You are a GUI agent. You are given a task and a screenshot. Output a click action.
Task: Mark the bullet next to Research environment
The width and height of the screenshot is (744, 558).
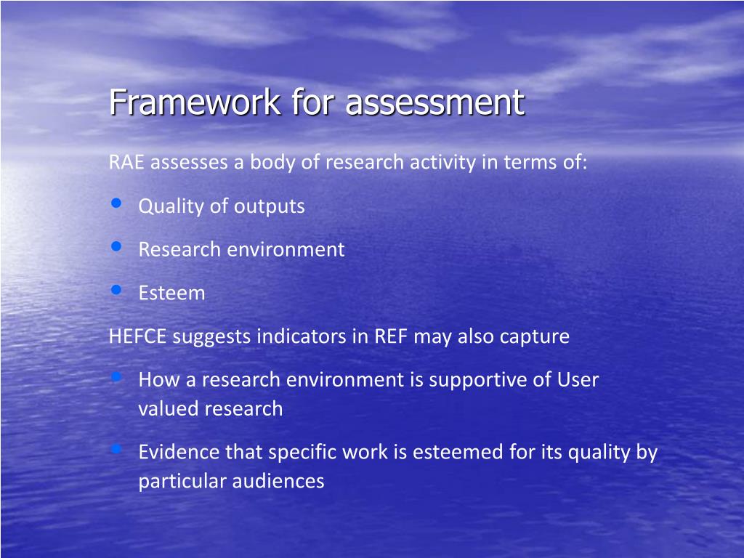pyautogui.click(x=116, y=247)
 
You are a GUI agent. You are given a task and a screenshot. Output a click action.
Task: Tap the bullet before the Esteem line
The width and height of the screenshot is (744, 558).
pyautogui.click(x=116, y=291)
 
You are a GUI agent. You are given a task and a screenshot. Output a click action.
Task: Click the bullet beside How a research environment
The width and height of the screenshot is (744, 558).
pyautogui.click(x=116, y=377)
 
